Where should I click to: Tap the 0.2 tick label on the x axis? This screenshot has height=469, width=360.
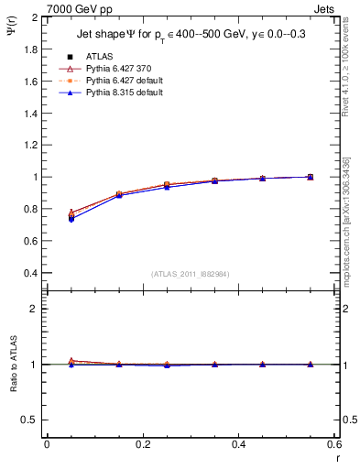[x=142, y=444]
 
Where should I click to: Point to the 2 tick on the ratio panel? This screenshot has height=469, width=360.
[x=36, y=309]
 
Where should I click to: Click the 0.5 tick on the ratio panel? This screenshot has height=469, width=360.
[x=31, y=420]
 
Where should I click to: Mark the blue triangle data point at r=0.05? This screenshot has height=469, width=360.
[x=71, y=219]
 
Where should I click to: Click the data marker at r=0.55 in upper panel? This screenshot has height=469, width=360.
[x=311, y=177]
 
